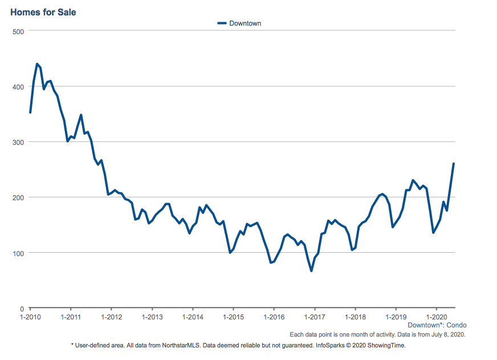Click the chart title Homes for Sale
click(43, 13)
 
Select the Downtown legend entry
click(239, 23)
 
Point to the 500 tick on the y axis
click(18, 32)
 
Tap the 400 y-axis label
click(18, 87)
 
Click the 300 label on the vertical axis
click(18, 143)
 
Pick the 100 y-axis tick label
click(18, 253)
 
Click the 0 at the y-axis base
click(22, 309)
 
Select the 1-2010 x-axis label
click(30, 317)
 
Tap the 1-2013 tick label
click(152, 317)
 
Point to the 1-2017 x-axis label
click(315, 317)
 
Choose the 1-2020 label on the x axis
click(437, 317)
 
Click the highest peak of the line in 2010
click(37, 64)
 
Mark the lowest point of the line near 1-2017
click(311, 270)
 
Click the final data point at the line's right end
click(454, 164)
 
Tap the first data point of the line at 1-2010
click(30, 112)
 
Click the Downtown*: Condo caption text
click(437, 325)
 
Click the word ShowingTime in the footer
click(386, 345)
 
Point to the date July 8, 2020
click(448, 335)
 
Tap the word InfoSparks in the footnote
click(330, 345)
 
